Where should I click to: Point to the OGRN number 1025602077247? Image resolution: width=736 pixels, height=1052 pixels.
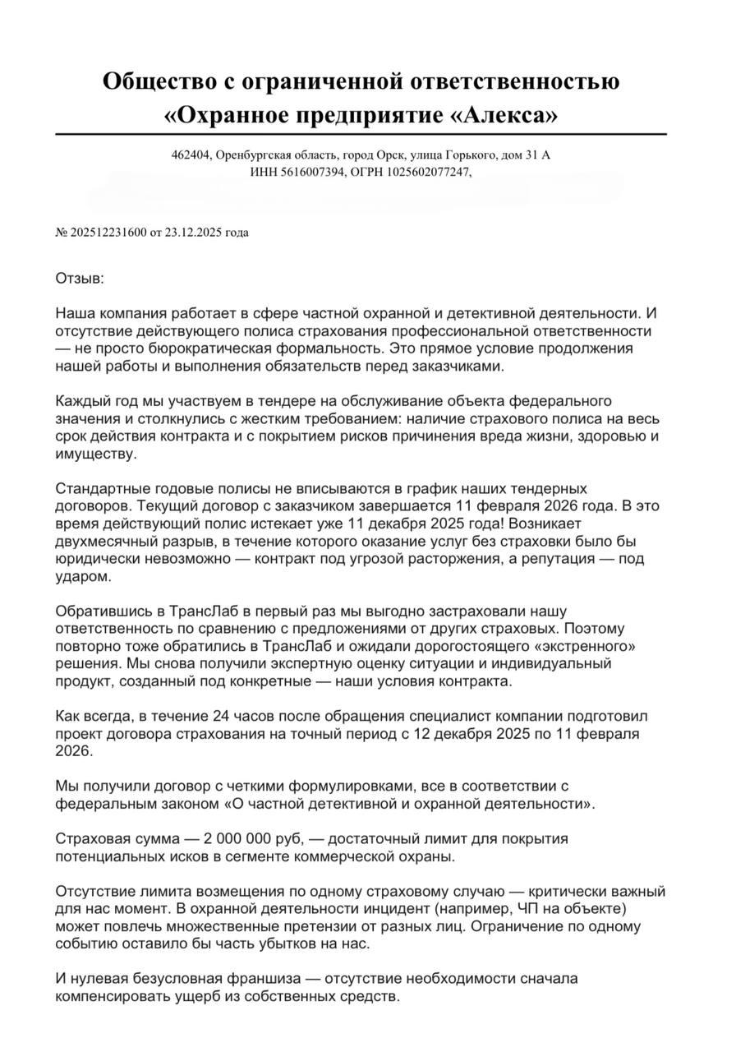tap(430, 172)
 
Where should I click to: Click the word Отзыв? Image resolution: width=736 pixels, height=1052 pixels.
tap(80, 279)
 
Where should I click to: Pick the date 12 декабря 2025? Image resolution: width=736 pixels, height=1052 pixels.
tap(461, 733)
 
